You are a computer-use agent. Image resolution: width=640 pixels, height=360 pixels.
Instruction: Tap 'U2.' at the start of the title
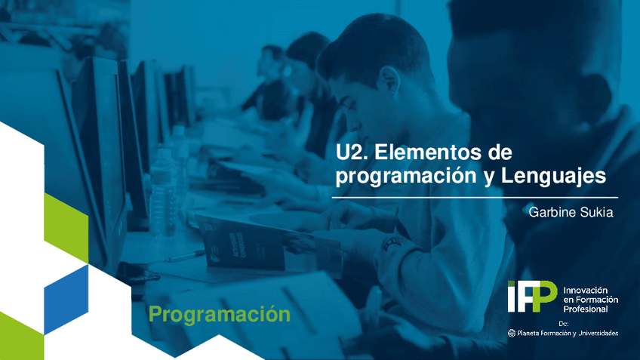(352, 152)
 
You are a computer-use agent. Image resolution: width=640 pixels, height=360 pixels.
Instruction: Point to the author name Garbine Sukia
(571, 213)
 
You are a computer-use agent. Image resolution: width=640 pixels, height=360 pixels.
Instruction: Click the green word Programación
(219, 314)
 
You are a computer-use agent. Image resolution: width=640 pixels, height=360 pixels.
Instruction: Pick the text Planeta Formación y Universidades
(568, 333)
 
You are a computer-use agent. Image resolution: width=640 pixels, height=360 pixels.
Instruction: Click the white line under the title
(475, 196)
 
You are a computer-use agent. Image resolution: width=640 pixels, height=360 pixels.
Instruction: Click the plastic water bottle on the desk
(162, 189)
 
